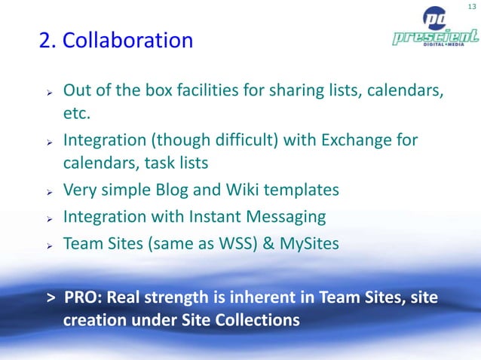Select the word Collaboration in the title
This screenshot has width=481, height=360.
[127, 39]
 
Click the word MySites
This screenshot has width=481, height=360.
[306, 243]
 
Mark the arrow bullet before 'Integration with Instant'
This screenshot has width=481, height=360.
[47, 218]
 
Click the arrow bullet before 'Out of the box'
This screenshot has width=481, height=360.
[47, 93]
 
